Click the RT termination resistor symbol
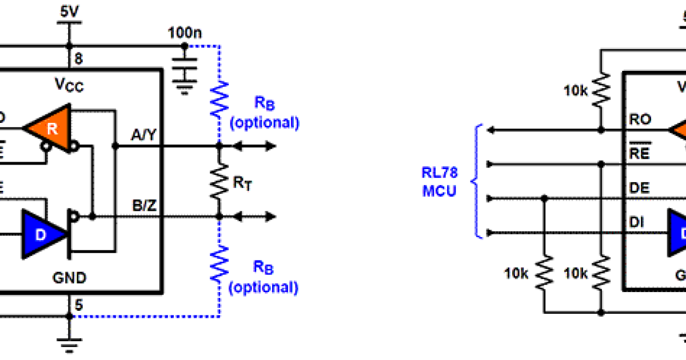[x=219, y=182]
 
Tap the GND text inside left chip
[x=69, y=278]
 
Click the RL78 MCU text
[x=439, y=182]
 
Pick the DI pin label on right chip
[x=636, y=222]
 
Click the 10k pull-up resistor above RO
[x=601, y=90]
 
